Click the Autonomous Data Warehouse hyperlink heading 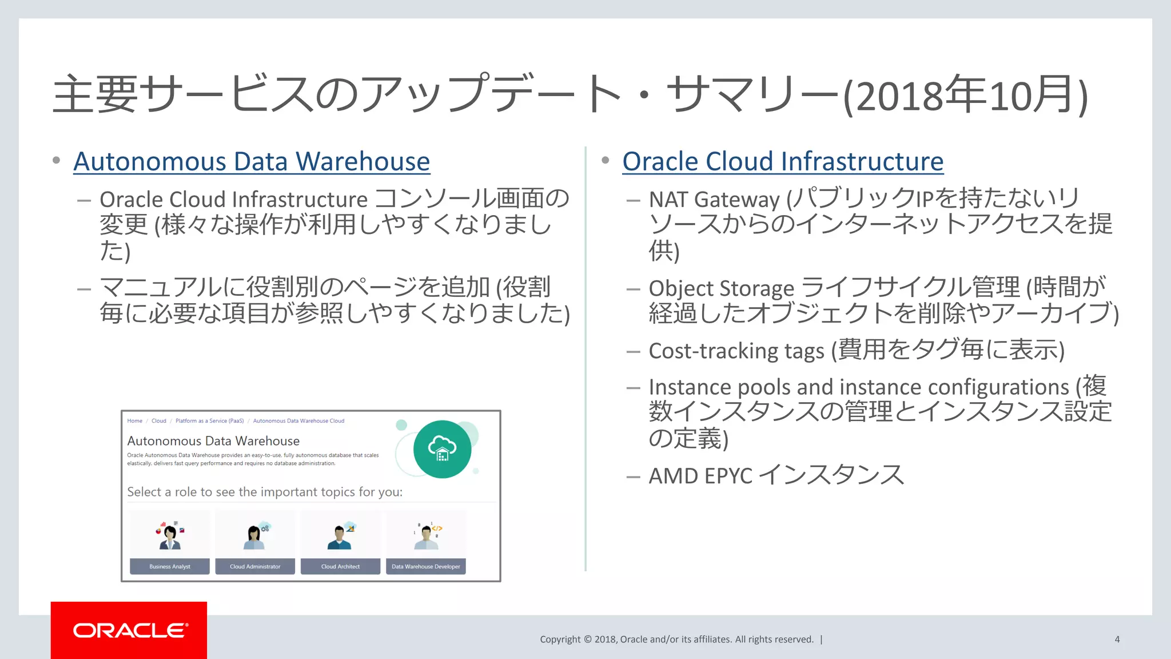coord(252,162)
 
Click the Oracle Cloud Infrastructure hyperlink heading coord(782,162)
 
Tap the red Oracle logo coord(129,630)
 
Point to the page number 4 coord(1117,640)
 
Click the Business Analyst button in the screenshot coord(170,566)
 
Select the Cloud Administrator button coord(255,566)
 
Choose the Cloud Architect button coord(340,566)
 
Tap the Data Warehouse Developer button coord(426,566)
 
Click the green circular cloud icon coord(442,449)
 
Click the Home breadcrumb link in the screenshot coord(135,421)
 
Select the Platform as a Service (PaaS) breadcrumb coord(209,421)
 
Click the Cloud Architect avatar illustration coord(340,537)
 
